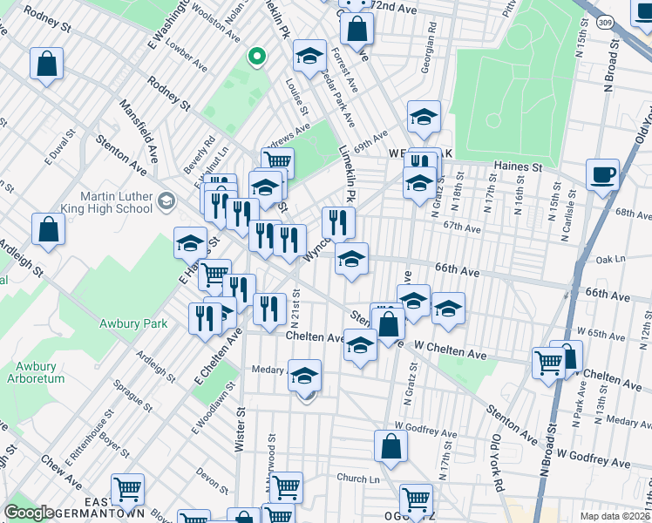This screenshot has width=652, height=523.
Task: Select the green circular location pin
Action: pyautogui.click(x=255, y=58)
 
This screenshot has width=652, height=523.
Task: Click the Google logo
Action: pyautogui.click(x=30, y=513)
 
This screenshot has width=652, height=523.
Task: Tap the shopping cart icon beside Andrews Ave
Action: pyautogui.click(x=277, y=162)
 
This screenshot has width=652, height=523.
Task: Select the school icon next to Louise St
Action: pyautogui.click(x=309, y=57)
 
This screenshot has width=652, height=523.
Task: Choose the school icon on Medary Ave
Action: pyautogui.click(x=305, y=376)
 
